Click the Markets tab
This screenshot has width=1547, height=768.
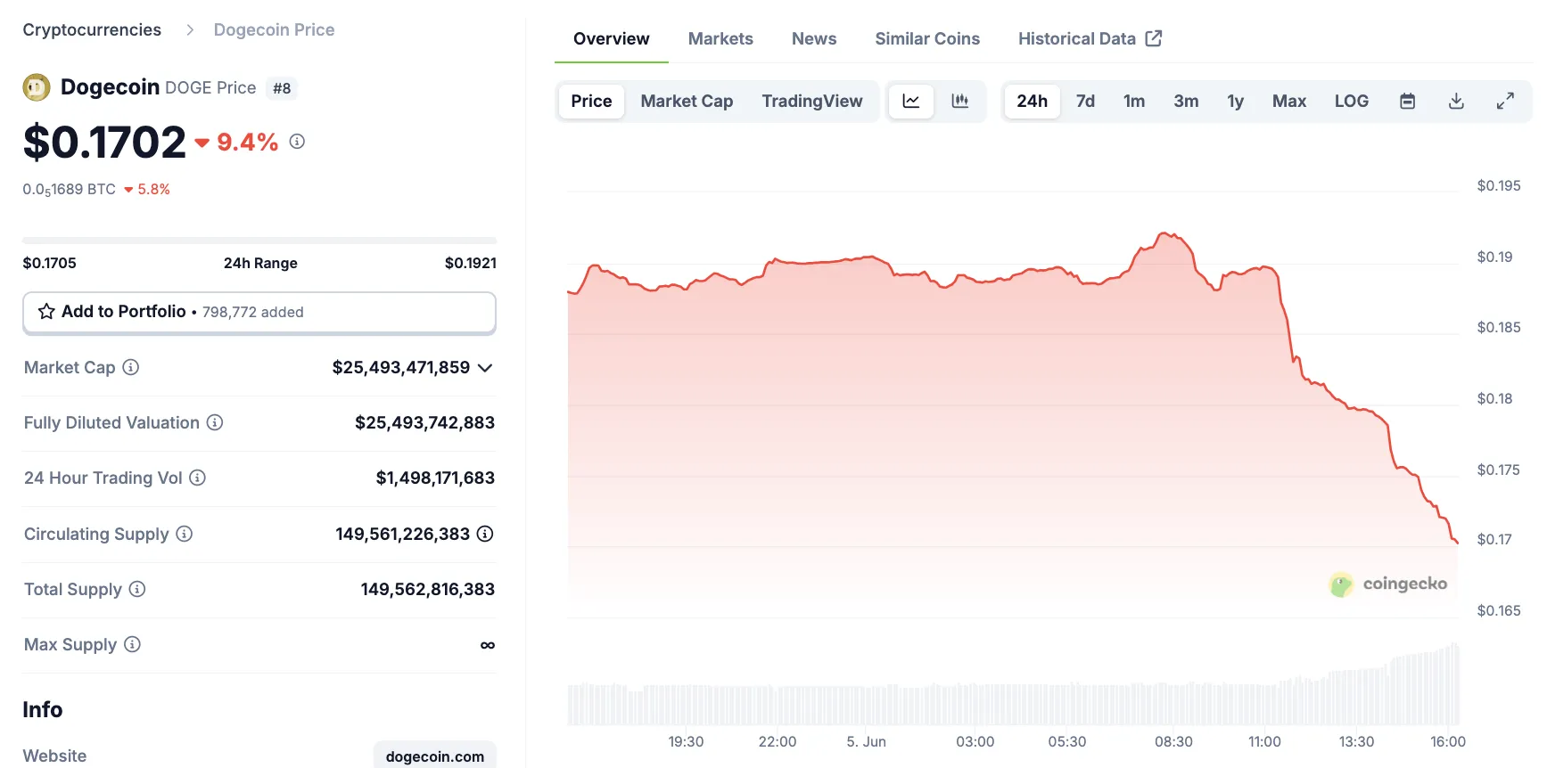pyautogui.click(x=720, y=39)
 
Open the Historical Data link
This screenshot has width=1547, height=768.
pyautogui.click(x=1089, y=39)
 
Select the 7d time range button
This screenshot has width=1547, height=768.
pyautogui.click(x=1085, y=102)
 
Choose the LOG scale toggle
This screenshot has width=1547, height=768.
pyautogui.click(x=1351, y=102)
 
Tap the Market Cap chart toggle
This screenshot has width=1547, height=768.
pyautogui.click(x=687, y=102)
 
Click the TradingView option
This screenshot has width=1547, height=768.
pyautogui.click(x=811, y=102)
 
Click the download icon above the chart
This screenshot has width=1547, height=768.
pyautogui.click(x=1456, y=102)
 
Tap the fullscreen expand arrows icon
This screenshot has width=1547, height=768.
pyautogui.click(x=1505, y=102)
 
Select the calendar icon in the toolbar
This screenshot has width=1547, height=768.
pyautogui.click(x=1407, y=102)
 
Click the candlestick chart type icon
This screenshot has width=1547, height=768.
pyautogui.click(x=960, y=102)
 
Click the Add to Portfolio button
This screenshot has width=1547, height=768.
pyautogui.click(x=259, y=312)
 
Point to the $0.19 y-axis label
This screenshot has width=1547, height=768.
pyautogui.click(x=1494, y=257)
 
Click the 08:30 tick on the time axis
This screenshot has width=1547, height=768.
pyautogui.click(x=1173, y=742)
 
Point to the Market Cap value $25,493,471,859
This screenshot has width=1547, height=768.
pyautogui.click(x=400, y=368)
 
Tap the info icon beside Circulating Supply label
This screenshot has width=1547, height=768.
pyautogui.click(x=184, y=534)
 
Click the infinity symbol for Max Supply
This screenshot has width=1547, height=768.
pyautogui.click(x=487, y=645)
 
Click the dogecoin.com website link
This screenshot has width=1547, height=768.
pyautogui.click(x=434, y=756)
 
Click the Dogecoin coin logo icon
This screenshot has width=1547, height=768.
pyautogui.click(x=37, y=87)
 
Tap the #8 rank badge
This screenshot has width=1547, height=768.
pyautogui.click(x=282, y=88)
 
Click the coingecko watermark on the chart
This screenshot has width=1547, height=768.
pyautogui.click(x=1388, y=584)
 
